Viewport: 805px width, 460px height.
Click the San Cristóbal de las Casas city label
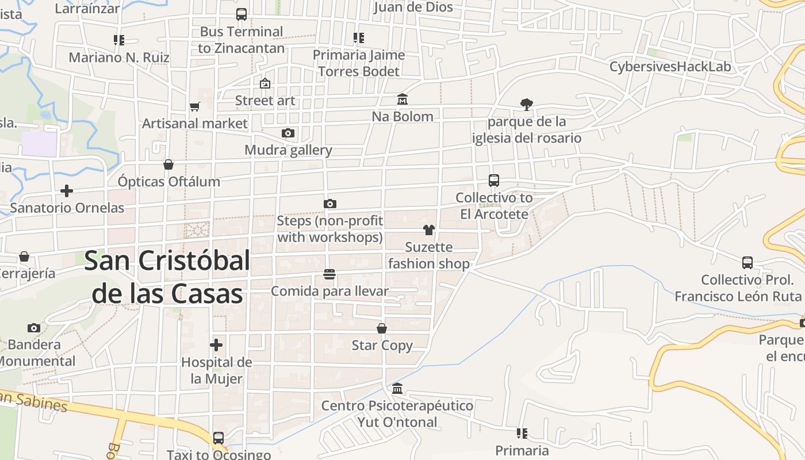pyautogui.click(x=167, y=277)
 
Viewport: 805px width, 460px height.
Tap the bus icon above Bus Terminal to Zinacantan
pyautogui.click(x=241, y=14)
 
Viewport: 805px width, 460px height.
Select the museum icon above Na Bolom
pyautogui.click(x=402, y=99)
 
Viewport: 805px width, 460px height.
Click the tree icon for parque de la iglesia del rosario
pyautogui.click(x=526, y=104)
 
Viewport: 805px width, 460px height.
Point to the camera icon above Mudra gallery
pyautogui.click(x=288, y=133)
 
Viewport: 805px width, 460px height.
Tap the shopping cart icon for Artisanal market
pyautogui.click(x=194, y=106)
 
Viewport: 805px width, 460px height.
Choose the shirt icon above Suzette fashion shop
pyautogui.click(x=428, y=230)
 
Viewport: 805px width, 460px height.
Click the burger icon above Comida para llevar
pyautogui.click(x=329, y=274)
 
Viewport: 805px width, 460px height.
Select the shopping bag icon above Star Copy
pyautogui.click(x=382, y=328)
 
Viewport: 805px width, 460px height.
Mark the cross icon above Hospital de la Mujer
pyautogui.click(x=216, y=345)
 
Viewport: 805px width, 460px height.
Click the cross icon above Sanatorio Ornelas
pyautogui.click(x=67, y=190)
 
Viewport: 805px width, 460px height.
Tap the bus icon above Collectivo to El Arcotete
pyautogui.click(x=494, y=181)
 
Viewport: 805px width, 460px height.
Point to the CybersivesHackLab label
pyautogui.click(x=670, y=67)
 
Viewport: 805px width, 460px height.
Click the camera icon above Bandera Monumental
pyautogui.click(x=34, y=328)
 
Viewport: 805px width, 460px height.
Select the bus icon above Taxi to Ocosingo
pyautogui.click(x=218, y=438)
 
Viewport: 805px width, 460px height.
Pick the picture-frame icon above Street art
pyautogui.click(x=265, y=83)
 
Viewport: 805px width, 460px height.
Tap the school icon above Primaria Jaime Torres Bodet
pyautogui.click(x=359, y=38)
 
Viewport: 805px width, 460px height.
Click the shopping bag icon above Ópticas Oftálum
pyautogui.click(x=168, y=165)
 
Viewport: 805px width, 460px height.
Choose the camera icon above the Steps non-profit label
pyautogui.click(x=329, y=204)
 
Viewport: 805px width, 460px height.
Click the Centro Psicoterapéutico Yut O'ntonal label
pyautogui.click(x=397, y=414)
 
